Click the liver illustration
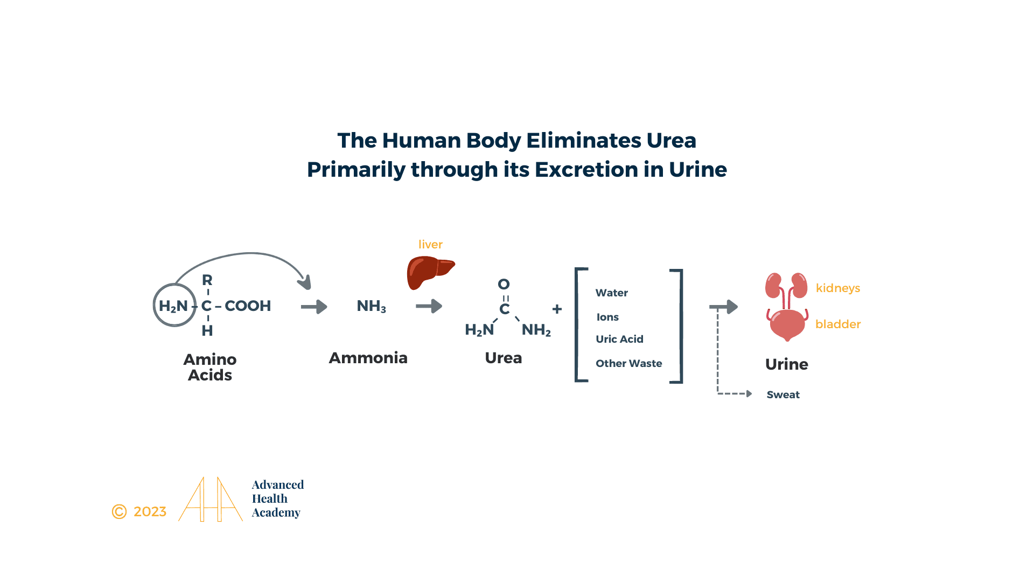(x=430, y=273)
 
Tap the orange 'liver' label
(x=430, y=244)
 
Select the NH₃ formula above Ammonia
(x=372, y=306)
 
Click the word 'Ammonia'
(x=368, y=358)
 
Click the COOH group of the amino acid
(x=248, y=306)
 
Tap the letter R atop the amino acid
(x=207, y=280)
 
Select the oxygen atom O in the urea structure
(x=504, y=284)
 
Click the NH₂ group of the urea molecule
(x=536, y=330)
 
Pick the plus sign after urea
(x=557, y=309)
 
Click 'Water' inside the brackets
(x=612, y=293)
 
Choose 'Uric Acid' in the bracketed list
(x=619, y=339)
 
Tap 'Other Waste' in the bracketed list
(x=629, y=363)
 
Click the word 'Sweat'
(x=783, y=394)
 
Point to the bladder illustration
(x=787, y=324)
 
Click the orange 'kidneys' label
(x=838, y=288)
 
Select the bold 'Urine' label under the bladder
(x=787, y=364)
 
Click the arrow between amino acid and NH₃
(x=315, y=307)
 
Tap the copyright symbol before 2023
(x=119, y=511)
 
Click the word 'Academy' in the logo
(x=276, y=512)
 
